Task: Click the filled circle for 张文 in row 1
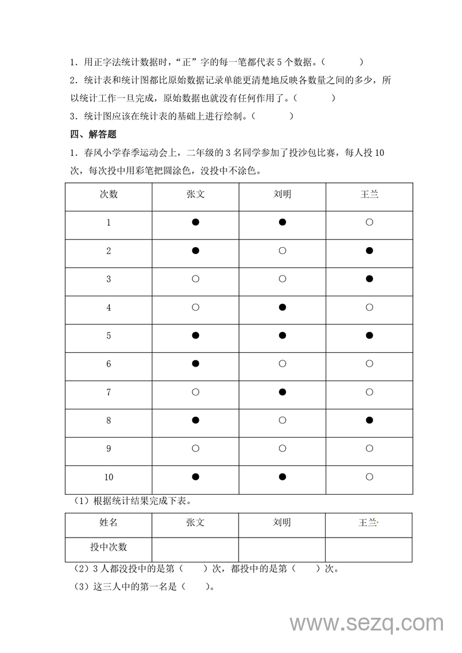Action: tap(195, 222)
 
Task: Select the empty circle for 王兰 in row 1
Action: tap(370, 222)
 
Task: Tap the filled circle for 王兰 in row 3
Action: tap(370, 279)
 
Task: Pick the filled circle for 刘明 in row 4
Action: tap(282, 307)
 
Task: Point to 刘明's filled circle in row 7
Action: tap(282, 392)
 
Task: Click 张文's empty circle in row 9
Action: tap(195, 449)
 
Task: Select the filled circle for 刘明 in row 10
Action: tap(282, 477)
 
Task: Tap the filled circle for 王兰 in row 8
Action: tap(370, 420)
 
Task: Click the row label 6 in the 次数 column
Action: tap(109, 364)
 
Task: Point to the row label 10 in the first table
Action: tap(109, 477)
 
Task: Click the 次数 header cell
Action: tap(109, 194)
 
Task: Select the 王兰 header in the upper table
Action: tap(370, 194)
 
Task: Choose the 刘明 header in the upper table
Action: tap(282, 194)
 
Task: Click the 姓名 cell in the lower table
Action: tap(109, 523)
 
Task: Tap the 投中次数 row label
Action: tap(109, 547)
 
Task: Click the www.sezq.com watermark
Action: tap(366, 623)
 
